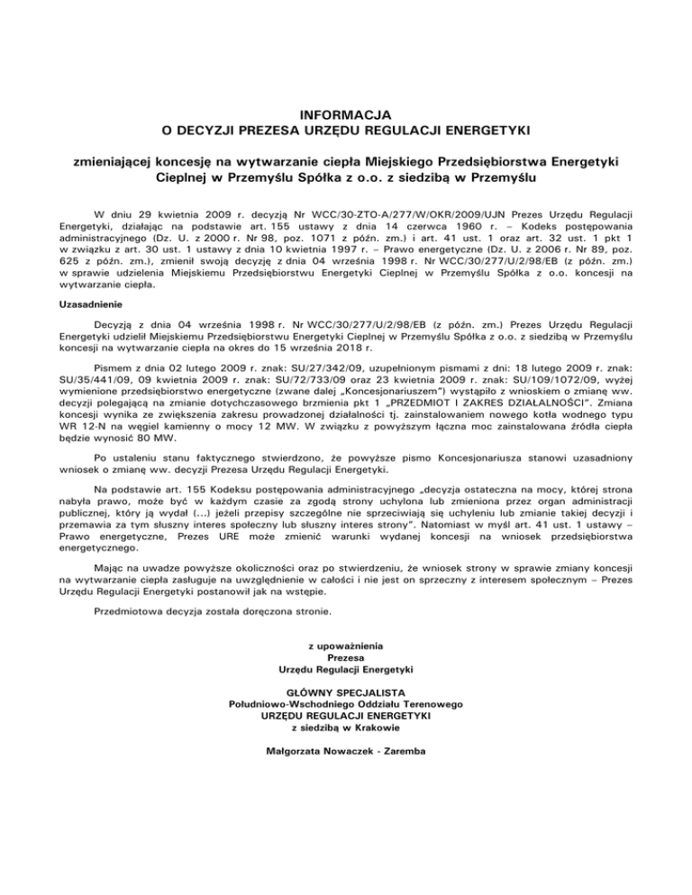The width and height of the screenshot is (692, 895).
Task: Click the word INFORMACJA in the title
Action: coord(345,113)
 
